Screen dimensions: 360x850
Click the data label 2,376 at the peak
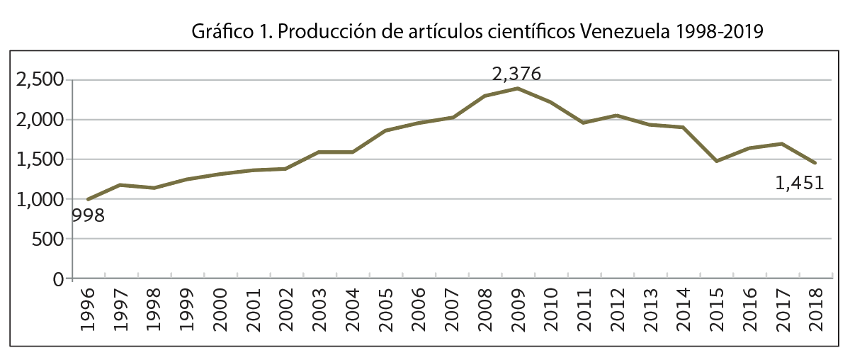click(x=517, y=74)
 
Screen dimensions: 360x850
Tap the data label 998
click(x=87, y=215)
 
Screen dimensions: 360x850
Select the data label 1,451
click(x=800, y=184)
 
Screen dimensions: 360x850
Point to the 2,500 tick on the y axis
click(x=40, y=80)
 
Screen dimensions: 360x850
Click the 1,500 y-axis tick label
click(x=40, y=159)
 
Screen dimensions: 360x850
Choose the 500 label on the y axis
click(x=48, y=240)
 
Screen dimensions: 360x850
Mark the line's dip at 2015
click(x=716, y=162)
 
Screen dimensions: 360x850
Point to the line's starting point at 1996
click(x=89, y=199)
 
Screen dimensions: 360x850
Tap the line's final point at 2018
click(x=815, y=163)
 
